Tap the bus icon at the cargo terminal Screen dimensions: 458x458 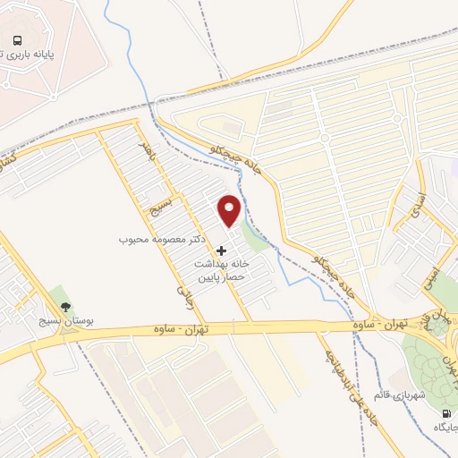(x=17, y=39)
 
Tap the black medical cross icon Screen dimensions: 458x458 (x=223, y=250)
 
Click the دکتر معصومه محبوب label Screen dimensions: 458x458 (x=165, y=241)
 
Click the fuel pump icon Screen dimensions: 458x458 (x=446, y=413)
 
